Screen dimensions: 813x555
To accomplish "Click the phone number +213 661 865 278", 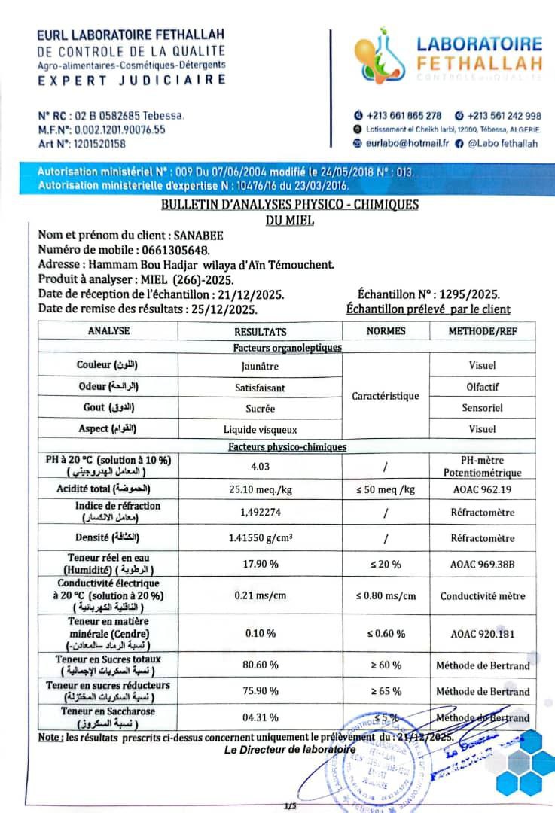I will [404, 116].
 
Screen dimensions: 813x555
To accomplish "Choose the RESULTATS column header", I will [260, 331].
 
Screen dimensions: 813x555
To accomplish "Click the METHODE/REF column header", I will [482, 331].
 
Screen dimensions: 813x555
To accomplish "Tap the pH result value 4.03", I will [260, 467].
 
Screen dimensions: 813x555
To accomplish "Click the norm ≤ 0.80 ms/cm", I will [386, 596].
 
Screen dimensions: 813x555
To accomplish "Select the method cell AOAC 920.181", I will [482, 634].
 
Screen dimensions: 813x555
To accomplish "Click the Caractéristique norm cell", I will [386, 396].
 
